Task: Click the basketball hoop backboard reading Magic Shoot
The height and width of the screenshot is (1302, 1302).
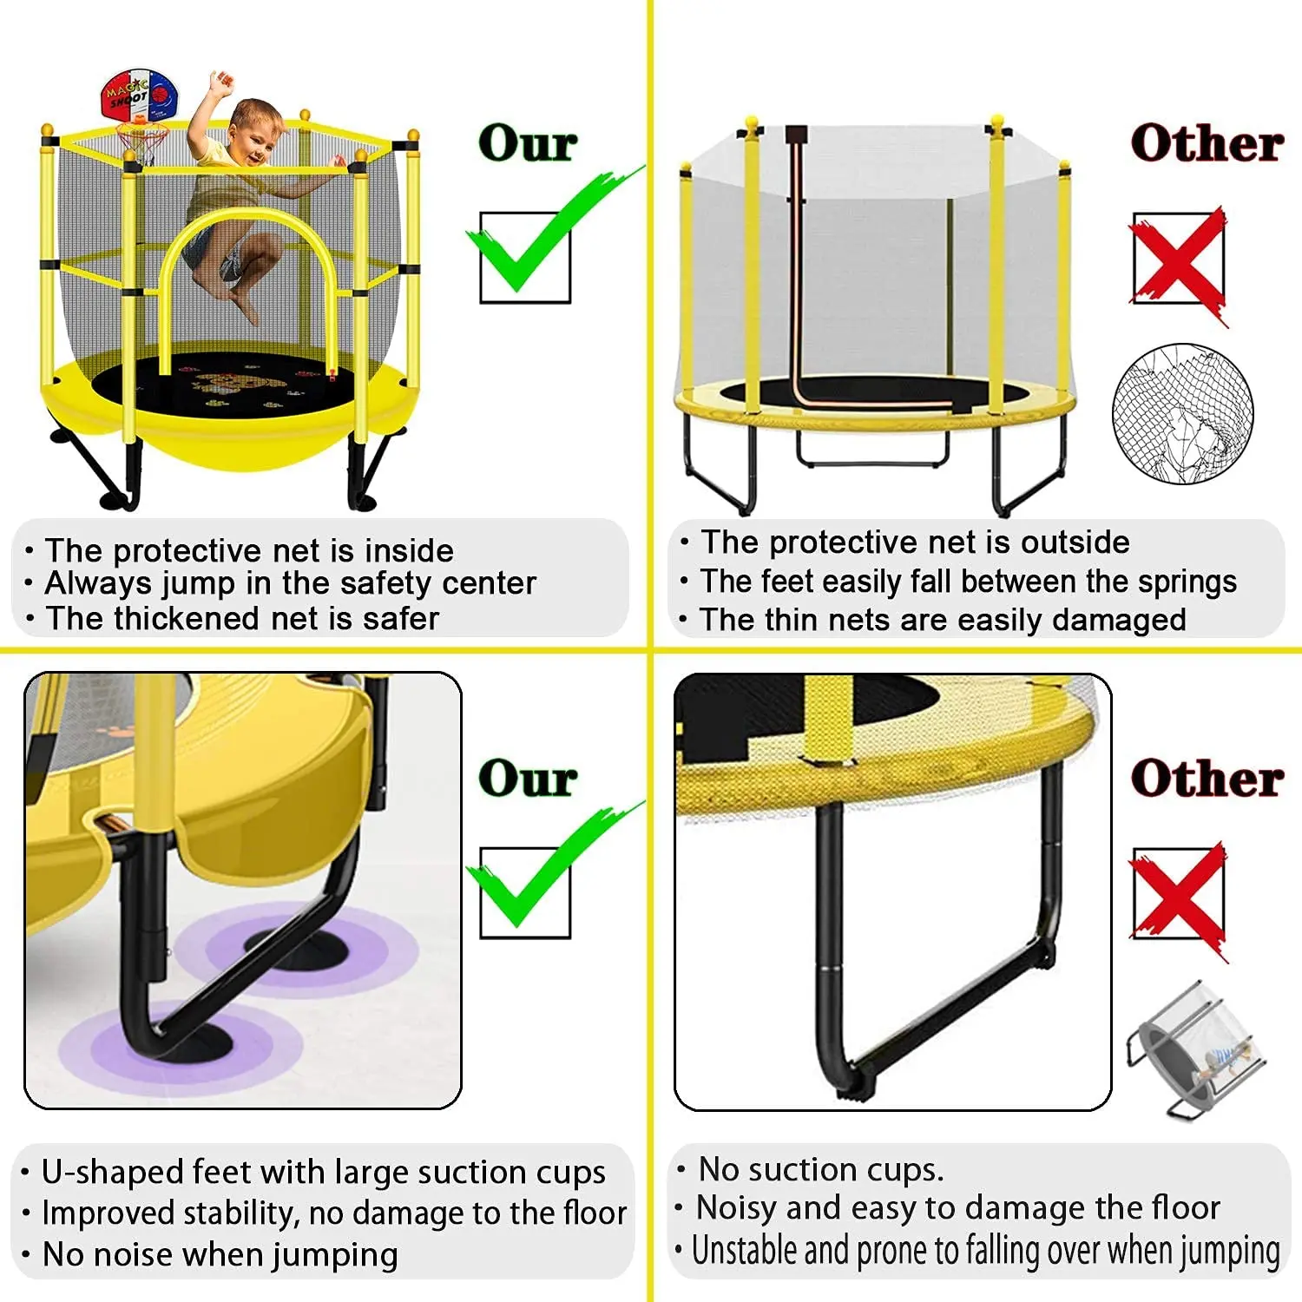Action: (x=139, y=96)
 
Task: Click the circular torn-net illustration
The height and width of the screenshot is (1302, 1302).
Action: (x=1182, y=413)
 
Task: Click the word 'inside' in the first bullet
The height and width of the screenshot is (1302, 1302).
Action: (x=409, y=550)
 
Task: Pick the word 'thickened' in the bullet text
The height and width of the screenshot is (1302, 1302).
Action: (x=187, y=618)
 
